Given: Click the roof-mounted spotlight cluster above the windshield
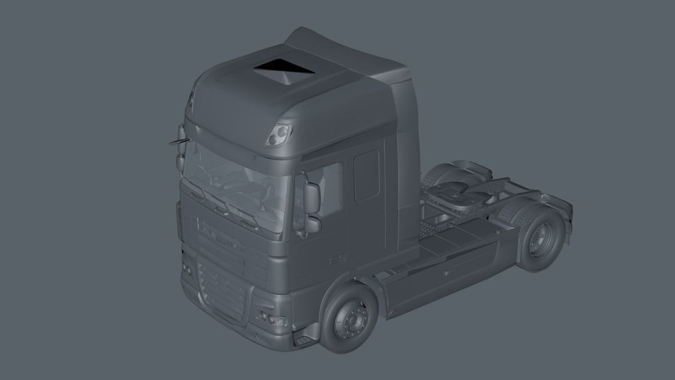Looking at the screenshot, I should [x=279, y=133].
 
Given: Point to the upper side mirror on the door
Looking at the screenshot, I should [x=312, y=197].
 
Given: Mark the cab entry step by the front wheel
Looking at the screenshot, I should [x=302, y=340].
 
